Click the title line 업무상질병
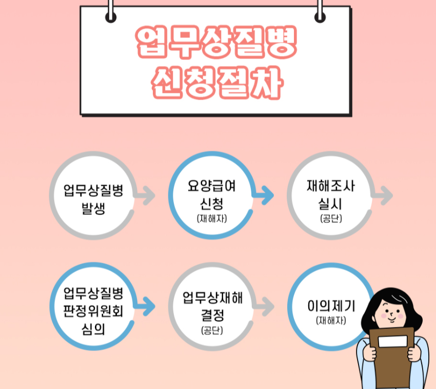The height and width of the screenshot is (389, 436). (x=216, y=42)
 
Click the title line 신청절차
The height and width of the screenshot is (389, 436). (x=216, y=83)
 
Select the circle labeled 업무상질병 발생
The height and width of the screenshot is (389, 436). (x=93, y=196)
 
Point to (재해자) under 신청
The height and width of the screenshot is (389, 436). (x=211, y=219)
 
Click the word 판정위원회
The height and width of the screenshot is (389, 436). (x=93, y=311)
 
